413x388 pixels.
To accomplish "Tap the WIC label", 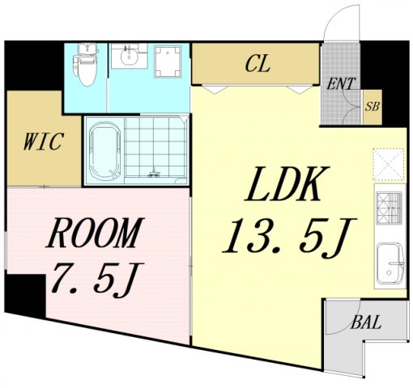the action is click(x=44, y=141).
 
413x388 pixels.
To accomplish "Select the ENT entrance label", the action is click(x=340, y=83).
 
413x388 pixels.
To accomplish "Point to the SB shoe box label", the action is click(x=373, y=107).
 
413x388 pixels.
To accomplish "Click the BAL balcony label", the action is click(x=366, y=322).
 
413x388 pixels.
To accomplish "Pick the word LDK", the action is click(x=287, y=184).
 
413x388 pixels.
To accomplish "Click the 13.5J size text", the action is click(x=289, y=237).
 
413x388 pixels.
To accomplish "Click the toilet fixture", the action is click(x=86, y=65).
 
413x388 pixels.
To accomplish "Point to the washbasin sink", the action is click(x=129, y=56).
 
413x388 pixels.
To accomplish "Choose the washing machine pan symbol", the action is click(x=168, y=61).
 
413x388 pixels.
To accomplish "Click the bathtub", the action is click(x=104, y=151).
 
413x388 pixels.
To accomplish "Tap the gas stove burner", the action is click(x=390, y=209).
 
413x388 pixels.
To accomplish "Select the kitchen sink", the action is click(x=390, y=264).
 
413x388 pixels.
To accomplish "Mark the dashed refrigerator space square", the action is click(x=389, y=164).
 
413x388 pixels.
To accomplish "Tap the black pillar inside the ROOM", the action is click(x=25, y=296).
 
